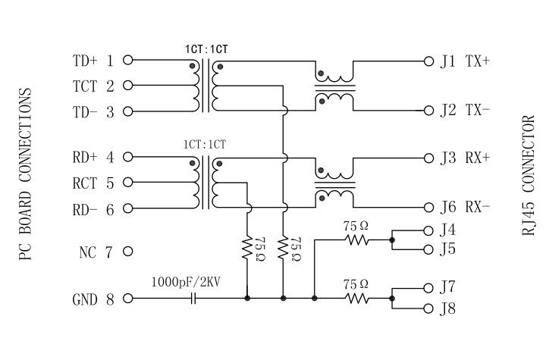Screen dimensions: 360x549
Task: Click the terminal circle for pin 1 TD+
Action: [x=127, y=60]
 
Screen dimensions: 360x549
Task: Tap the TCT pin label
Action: [x=85, y=86]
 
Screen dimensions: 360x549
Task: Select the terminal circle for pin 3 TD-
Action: [x=127, y=111]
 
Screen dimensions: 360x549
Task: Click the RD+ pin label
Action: [x=85, y=158]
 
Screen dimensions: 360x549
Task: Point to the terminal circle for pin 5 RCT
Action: [x=127, y=182]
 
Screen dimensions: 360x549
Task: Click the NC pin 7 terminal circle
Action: [x=127, y=251]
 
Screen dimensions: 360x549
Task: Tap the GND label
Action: [x=85, y=299]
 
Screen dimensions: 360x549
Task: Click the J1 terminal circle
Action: [x=429, y=60]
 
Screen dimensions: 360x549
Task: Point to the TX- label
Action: [x=477, y=111]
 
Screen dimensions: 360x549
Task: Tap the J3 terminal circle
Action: [x=429, y=158]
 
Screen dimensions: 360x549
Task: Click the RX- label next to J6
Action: [x=477, y=207]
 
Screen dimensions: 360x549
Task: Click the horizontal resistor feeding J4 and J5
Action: [x=356, y=240]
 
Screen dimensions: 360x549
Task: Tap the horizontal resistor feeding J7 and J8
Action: [x=356, y=299]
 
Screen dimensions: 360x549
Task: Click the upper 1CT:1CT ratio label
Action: [x=205, y=49]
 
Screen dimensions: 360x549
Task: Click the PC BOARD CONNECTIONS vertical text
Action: [x=24, y=175]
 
